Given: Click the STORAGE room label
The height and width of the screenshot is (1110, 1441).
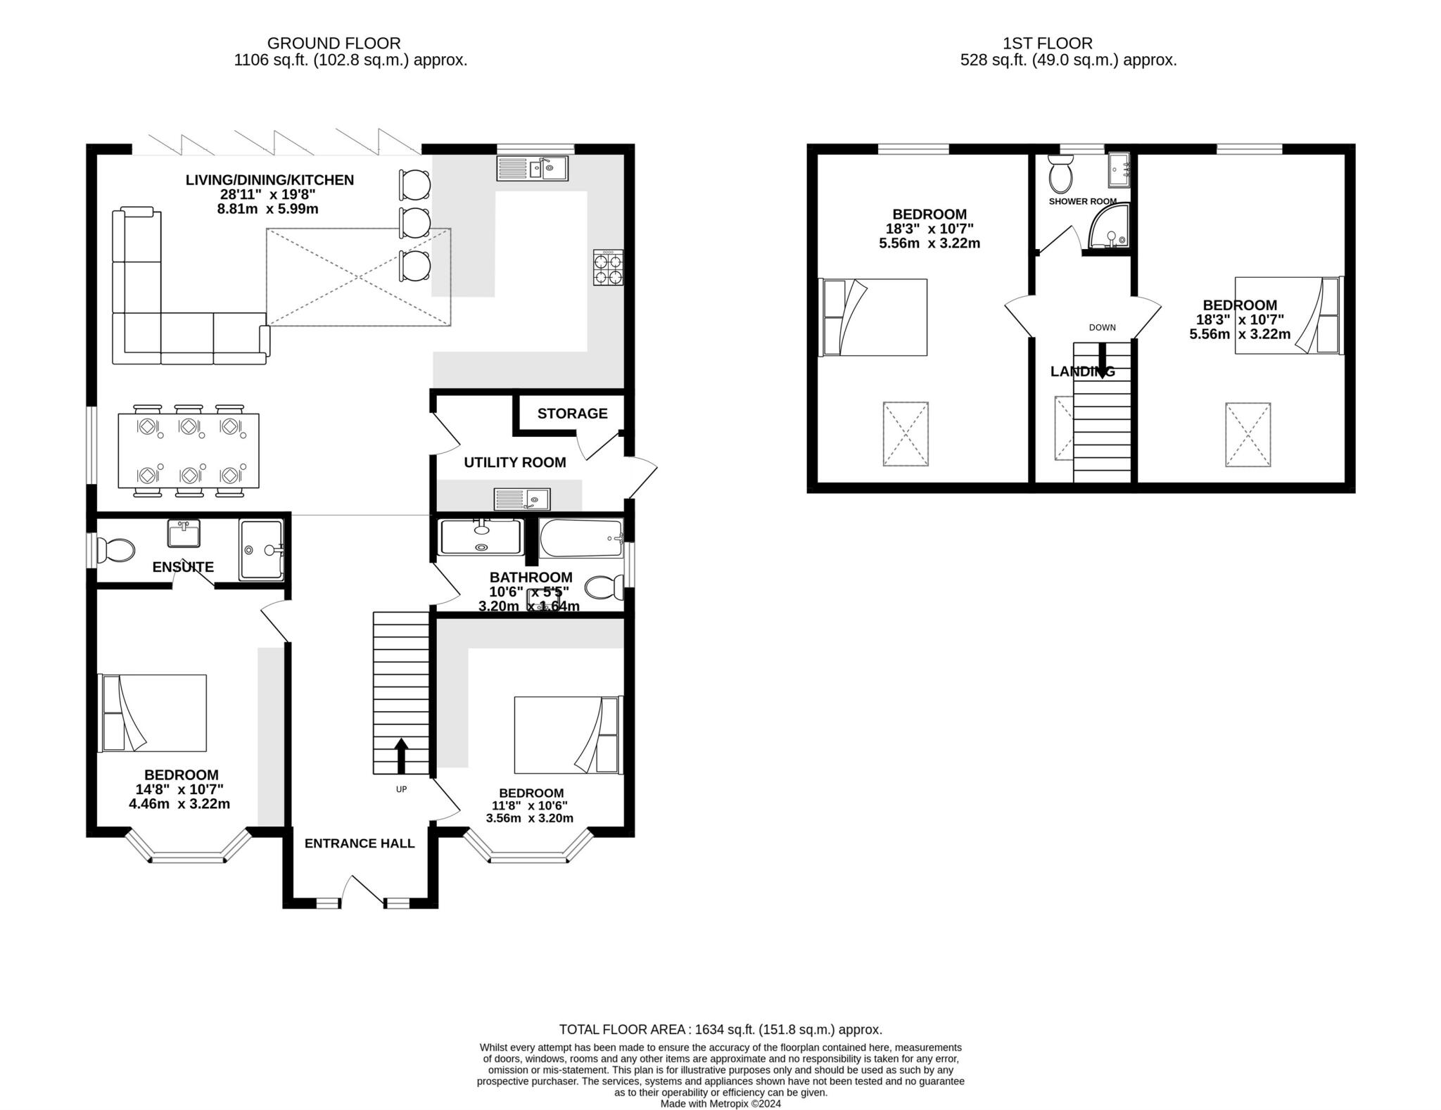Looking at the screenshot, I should point(572,414).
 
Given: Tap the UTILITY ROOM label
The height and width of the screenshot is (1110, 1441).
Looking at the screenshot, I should point(514,462).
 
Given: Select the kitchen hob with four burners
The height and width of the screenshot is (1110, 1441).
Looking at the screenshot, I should point(608,267).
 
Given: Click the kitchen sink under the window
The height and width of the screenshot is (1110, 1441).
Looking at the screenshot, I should point(532,168).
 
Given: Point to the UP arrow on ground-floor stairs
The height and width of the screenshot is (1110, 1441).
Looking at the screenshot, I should point(401,755).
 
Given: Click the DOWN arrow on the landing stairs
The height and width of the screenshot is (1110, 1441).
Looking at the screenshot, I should point(1102,359).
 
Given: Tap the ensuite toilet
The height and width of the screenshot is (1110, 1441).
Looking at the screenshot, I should point(116,550).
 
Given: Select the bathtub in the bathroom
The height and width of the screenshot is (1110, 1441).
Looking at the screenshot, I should point(581,538).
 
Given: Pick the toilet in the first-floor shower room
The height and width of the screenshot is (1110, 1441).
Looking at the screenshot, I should point(1060,174).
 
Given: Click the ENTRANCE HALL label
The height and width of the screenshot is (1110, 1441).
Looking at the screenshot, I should point(360,843).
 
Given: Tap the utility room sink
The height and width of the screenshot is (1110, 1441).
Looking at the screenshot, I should point(522,499).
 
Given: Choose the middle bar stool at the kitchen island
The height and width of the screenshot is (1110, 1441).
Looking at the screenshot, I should point(415,223).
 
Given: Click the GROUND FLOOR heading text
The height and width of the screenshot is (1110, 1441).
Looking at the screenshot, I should point(334,44).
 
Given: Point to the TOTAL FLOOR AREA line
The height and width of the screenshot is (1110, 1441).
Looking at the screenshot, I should point(720,1030).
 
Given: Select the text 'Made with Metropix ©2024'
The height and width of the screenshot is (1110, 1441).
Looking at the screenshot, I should point(720,1104).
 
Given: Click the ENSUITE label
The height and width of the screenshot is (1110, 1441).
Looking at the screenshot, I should point(183,567).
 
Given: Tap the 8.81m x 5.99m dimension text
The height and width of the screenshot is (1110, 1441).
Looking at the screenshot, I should point(267,209).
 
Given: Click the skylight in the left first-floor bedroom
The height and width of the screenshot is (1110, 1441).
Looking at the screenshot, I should point(906,434).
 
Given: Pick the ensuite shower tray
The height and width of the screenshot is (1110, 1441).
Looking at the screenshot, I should point(261,550).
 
